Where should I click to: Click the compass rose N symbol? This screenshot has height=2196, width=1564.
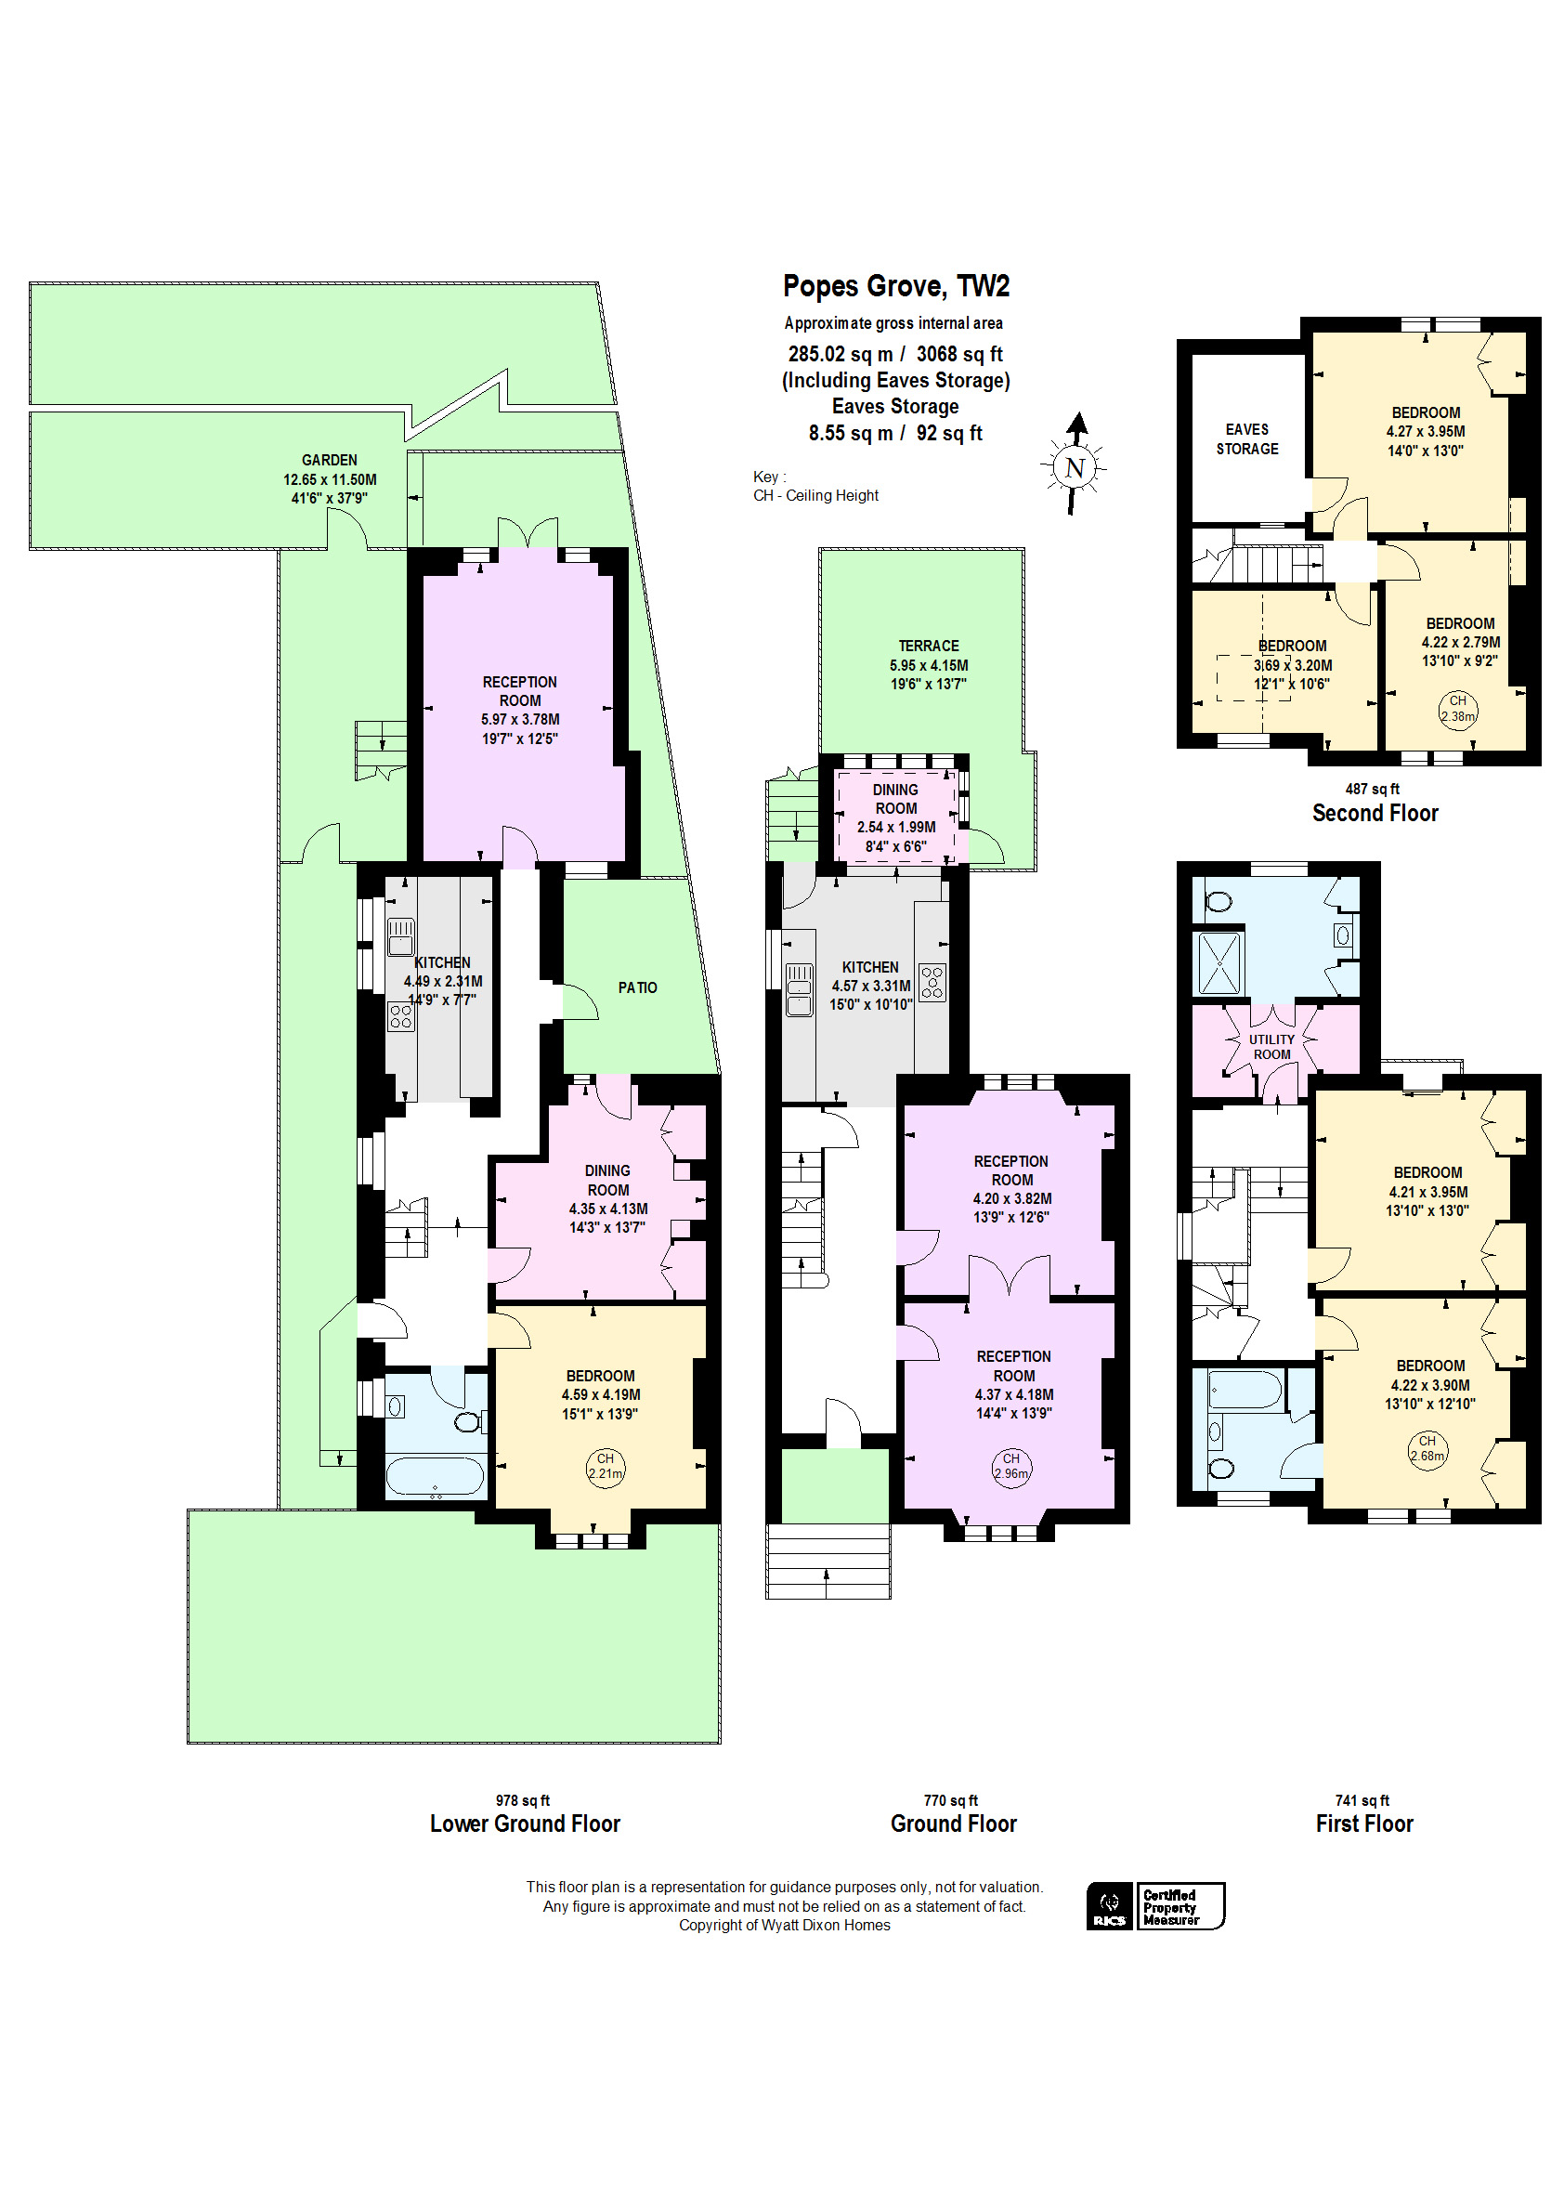1074,468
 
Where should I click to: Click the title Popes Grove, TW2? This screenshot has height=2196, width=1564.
895,286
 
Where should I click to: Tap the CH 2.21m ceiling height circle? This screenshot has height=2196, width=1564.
605,1466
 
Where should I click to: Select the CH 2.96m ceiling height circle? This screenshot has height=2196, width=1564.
1010,1466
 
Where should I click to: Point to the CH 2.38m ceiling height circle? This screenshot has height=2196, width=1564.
1457,708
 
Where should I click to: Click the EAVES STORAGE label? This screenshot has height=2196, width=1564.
1246,439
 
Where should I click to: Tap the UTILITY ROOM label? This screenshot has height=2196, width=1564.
1271,1047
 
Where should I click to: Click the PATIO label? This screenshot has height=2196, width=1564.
637,987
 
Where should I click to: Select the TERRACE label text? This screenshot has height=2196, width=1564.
929,646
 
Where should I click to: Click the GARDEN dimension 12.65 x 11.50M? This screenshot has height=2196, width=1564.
330,478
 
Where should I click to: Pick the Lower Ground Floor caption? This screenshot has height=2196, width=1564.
525,1823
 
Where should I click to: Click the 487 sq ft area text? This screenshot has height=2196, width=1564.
1372,789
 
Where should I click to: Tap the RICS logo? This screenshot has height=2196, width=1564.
1110,1905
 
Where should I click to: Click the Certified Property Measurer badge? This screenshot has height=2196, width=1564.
1179,1905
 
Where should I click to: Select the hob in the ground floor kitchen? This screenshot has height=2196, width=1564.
932,983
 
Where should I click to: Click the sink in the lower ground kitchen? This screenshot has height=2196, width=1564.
400,935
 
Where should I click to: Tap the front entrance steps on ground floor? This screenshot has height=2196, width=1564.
828,1561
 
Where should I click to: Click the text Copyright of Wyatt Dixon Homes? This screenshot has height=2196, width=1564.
784,1925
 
